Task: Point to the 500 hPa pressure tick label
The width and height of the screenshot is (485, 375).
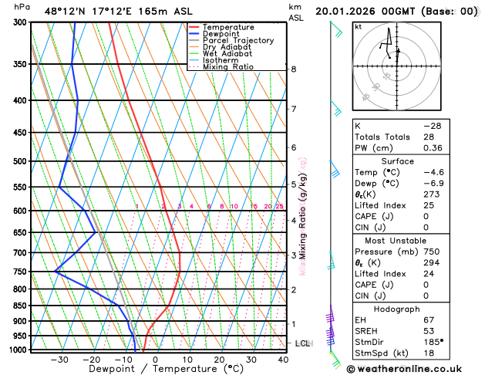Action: (x=21, y=161)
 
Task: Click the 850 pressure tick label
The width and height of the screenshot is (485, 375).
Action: (x=21, y=306)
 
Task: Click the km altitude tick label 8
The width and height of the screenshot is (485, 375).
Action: (x=294, y=69)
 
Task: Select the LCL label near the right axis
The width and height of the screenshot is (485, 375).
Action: (x=302, y=343)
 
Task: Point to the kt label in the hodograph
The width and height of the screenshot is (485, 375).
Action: (x=358, y=26)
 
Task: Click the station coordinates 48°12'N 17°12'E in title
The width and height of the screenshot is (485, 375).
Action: (x=87, y=12)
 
